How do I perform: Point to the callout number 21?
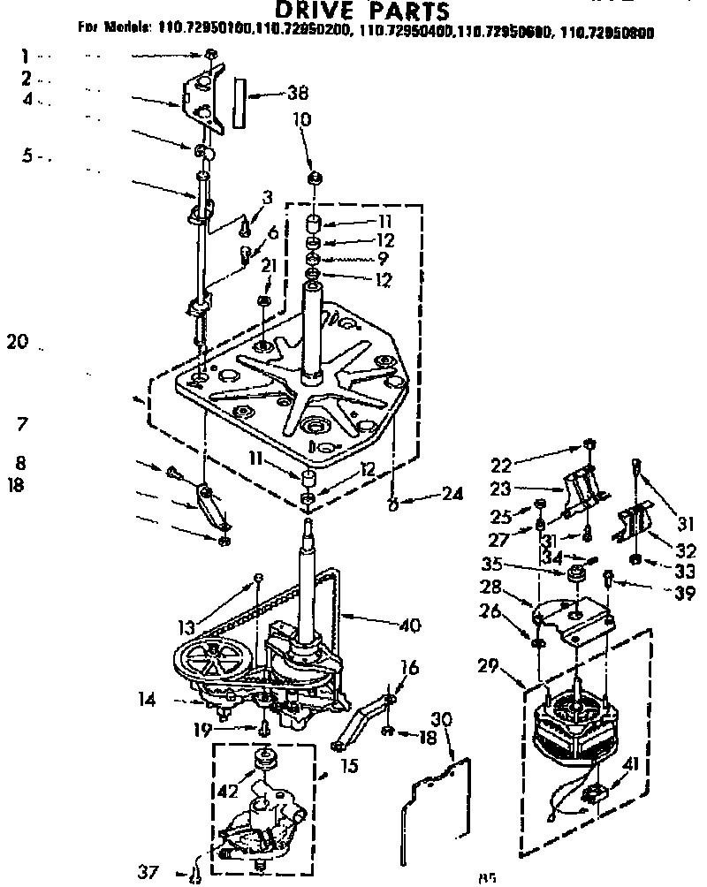[x=269, y=265]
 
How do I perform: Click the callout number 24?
[x=452, y=495]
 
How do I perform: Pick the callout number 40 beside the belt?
[x=408, y=626]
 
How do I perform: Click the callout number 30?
[x=442, y=720]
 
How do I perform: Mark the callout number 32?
[x=687, y=550]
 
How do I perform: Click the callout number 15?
[x=349, y=766]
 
